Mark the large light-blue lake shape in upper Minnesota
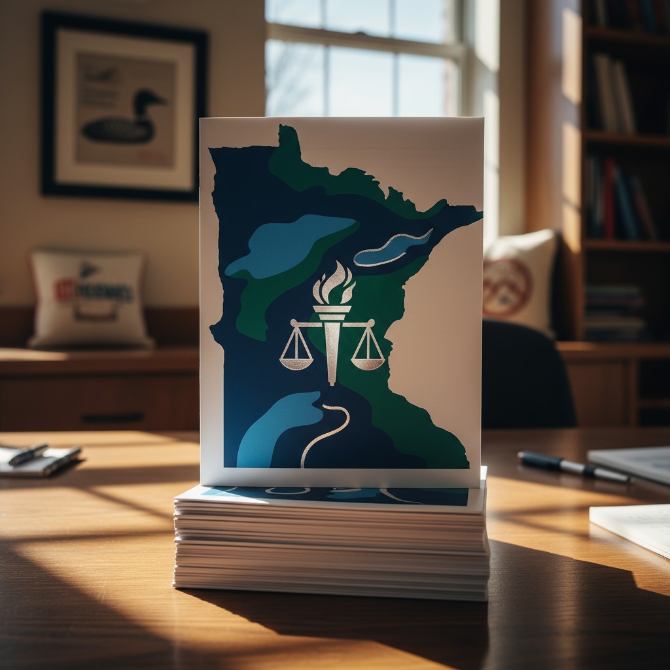[x=291, y=245]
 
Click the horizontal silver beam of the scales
[x=332, y=323]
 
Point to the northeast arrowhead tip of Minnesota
[x=478, y=212]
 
